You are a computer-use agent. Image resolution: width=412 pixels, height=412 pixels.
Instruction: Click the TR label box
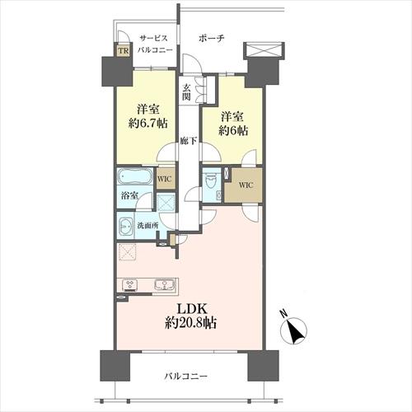coord(124,50)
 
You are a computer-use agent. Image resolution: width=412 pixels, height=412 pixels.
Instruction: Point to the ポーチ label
coord(212,38)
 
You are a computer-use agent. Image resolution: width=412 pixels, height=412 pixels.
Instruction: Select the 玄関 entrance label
coord(187,91)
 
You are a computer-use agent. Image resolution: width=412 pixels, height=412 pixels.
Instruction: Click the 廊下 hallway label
coord(189,142)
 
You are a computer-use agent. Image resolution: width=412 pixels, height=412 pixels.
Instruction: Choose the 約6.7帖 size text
coord(148,124)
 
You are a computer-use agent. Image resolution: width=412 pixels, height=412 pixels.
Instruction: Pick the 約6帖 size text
coord(233,131)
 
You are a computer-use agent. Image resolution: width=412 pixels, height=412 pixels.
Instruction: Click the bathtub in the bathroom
coord(134,176)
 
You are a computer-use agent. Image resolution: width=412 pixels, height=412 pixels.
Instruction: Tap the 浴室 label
coord(129,196)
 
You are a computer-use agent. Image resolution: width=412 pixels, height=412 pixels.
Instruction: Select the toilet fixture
coord(211,181)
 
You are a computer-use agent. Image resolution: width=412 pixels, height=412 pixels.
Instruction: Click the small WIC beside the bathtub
coord(165,179)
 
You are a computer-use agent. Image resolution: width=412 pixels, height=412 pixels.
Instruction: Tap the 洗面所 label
coord(147,226)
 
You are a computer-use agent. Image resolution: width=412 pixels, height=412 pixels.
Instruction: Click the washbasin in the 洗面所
coord(126,227)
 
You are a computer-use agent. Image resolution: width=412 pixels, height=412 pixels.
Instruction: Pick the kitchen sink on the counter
coord(164,284)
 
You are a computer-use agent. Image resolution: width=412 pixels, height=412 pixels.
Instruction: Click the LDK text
coord(191,309)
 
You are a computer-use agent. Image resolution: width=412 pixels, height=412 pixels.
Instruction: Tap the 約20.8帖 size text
coord(191,323)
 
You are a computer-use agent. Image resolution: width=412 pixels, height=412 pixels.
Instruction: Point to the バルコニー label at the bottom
coord(185,376)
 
